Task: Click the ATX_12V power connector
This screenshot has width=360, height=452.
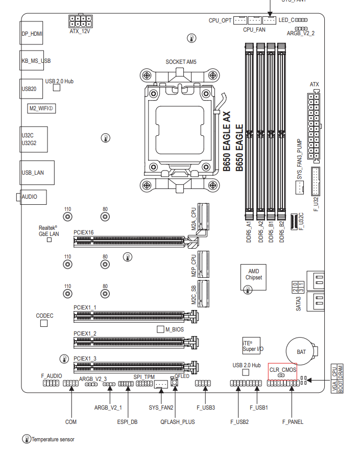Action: pyautogui.click(x=80, y=21)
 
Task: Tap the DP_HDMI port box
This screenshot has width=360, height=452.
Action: pyautogui.click(x=32, y=33)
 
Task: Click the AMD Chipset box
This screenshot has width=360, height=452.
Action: pyautogui.click(x=253, y=277)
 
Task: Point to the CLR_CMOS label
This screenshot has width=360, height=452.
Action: pyautogui.click(x=283, y=370)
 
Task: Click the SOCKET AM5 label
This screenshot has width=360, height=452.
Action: pyautogui.click(x=181, y=62)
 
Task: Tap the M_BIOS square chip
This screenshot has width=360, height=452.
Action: pyautogui.click(x=160, y=329)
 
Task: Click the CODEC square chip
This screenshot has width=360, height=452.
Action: pyautogui.click(x=44, y=323)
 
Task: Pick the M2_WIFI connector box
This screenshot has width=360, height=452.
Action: pyautogui.click(x=41, y=108)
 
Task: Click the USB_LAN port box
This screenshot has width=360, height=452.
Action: pyautogui.click(x=37, y=173)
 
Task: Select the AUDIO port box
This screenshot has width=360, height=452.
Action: pyautogui.click(x=33, y=197)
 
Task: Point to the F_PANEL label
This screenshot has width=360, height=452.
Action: pyautogui.click(x=293, y=422)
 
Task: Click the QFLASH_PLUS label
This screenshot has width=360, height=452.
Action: pyautogui.click(x=178, y=422)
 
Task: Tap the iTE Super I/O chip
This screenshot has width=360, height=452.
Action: pyautogui.click(x=251, y=346)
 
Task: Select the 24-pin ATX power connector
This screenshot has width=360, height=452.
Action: pyautogui.click(x=314, y=126)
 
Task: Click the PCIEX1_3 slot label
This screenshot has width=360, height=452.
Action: pyautogui.click(x=85, y=359)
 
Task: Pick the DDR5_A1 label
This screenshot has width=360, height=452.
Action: pyautogui.click(x=249, y=231)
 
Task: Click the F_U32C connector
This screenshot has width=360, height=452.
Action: pyautogui.click(x=294, y=222)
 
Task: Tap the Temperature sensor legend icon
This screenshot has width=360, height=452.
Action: pyautogui.click(x=27, y=439)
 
